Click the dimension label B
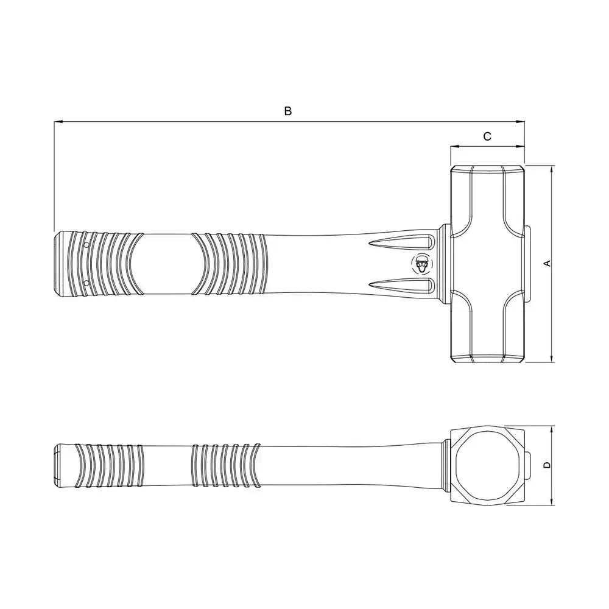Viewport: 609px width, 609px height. tap(288, 111)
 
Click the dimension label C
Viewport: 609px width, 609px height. tap(487, 136)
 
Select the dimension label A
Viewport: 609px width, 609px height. tap(547, 263)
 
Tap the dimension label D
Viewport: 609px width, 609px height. tap(547, 465)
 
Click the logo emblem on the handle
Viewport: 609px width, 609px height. tap(421, 264)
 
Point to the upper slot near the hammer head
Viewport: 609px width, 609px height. tap(401, 243)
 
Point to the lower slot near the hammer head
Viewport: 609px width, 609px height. tap(401, 286)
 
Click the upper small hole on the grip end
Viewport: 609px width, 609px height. tap(86, 245)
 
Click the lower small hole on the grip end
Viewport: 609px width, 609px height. tap(86, 283)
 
